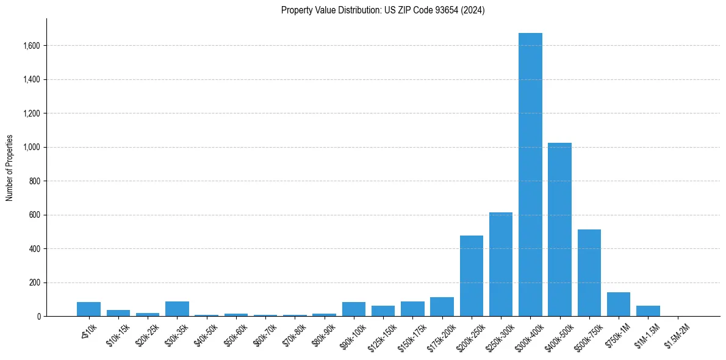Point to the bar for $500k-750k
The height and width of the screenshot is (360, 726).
pos(589,273)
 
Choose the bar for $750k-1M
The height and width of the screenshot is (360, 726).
pos(619,304)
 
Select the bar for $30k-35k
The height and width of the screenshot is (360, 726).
pos(177,309)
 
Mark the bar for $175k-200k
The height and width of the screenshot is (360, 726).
pos(442,307)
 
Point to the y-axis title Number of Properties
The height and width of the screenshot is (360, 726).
pos(10,168)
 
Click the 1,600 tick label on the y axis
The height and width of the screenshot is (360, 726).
pos(32,46)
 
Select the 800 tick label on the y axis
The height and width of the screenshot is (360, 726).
pos(35,181)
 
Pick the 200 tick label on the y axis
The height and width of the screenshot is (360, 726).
pos(35,283)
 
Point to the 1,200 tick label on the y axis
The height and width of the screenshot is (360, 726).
pos(32,113)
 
